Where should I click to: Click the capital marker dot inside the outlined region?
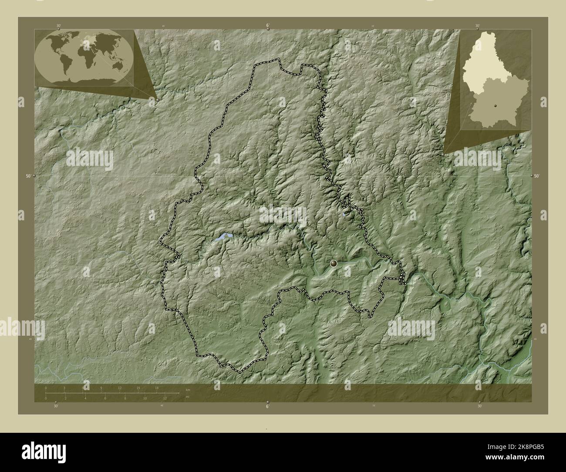point(334,263)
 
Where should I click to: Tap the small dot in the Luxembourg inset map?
point(495,106)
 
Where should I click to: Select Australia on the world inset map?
point(116,66)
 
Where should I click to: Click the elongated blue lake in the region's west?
point(222,237)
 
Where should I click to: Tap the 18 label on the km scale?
point(157,388)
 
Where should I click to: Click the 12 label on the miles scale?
point(165,398)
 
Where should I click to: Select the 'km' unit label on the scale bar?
point(188,389)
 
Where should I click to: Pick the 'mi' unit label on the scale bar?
point(188,396)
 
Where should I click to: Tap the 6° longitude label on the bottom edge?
point(267,406)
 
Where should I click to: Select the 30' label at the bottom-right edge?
point(479,406)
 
